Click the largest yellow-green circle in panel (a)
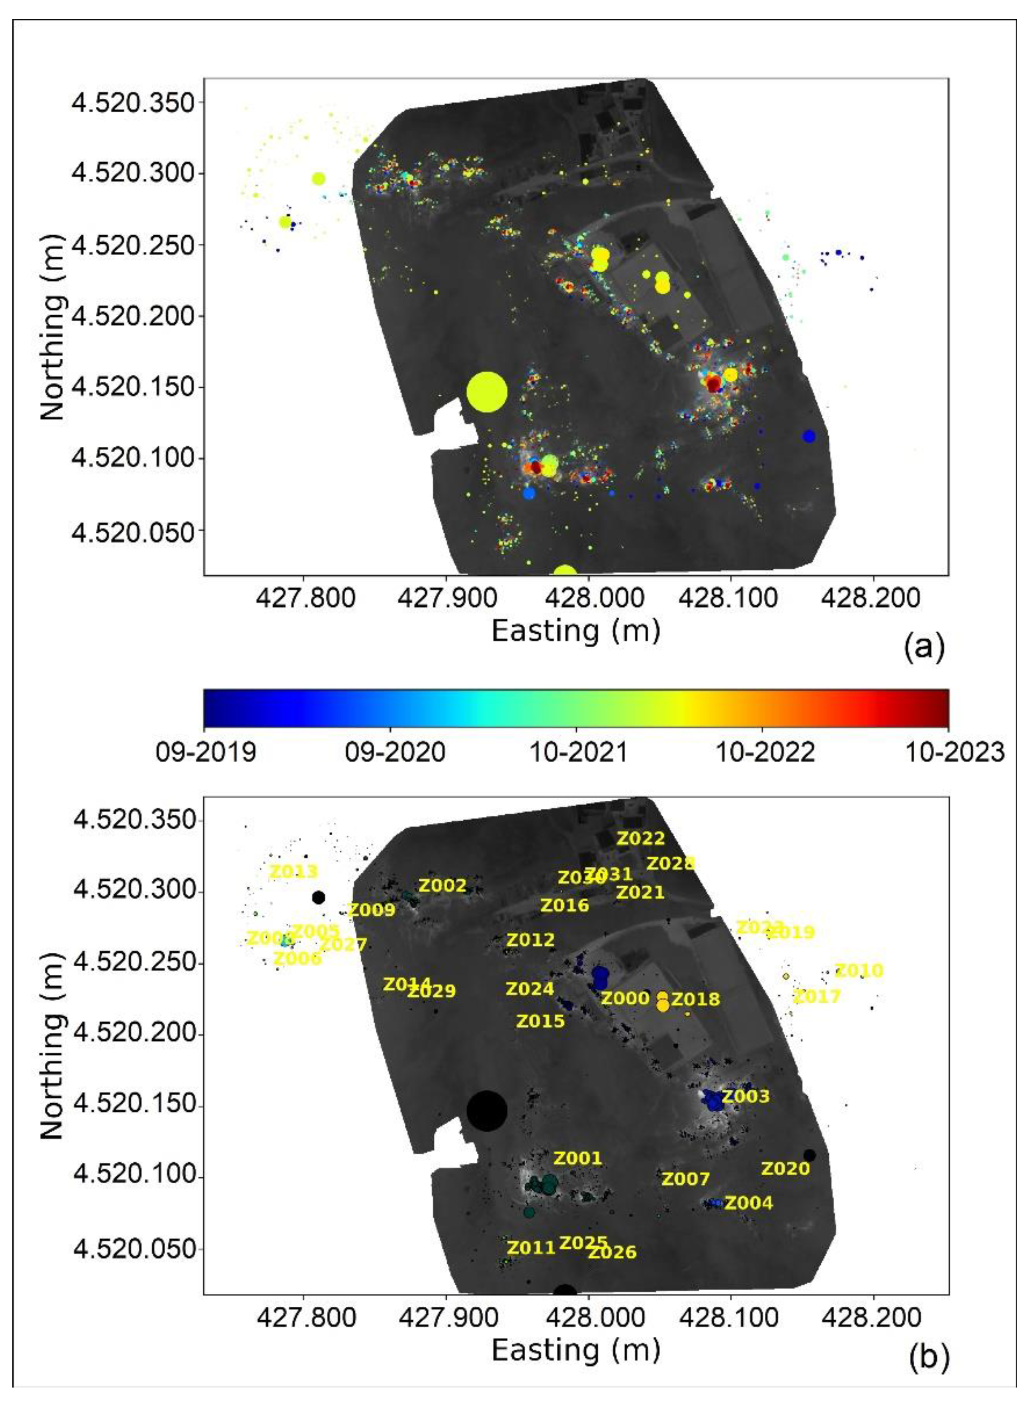click(486, 392)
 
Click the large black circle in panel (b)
click(486, 1110)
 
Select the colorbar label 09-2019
click(206, 752)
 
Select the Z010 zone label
click(859, 971)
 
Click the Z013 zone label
click(293, 871)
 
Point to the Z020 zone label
click(785, 1169)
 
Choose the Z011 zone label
click(531, 1248)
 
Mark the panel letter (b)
click(927, 1357)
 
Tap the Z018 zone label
click(695, 999)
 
